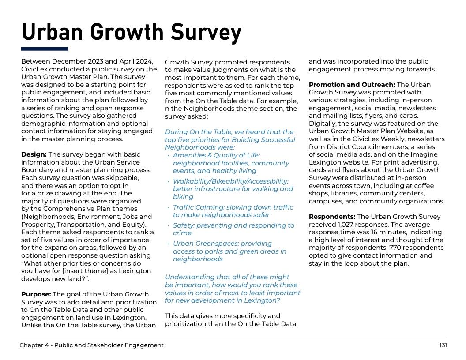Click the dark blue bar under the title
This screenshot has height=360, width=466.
coord(45,49)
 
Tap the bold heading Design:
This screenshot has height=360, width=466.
coord(34,154)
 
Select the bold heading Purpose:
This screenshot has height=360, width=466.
coord(36,294)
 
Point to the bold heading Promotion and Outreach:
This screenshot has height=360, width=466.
coord(352,85)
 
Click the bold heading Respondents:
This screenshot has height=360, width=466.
coord(332,217)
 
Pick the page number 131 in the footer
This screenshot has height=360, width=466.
coord(443,345)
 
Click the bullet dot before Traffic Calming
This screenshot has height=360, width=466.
coord(169,207)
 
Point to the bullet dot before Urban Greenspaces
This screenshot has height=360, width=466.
coord(169,244)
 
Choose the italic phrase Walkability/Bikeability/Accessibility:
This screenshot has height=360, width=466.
coord(230,181)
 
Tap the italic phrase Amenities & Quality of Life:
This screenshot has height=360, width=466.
coord(216,155)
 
